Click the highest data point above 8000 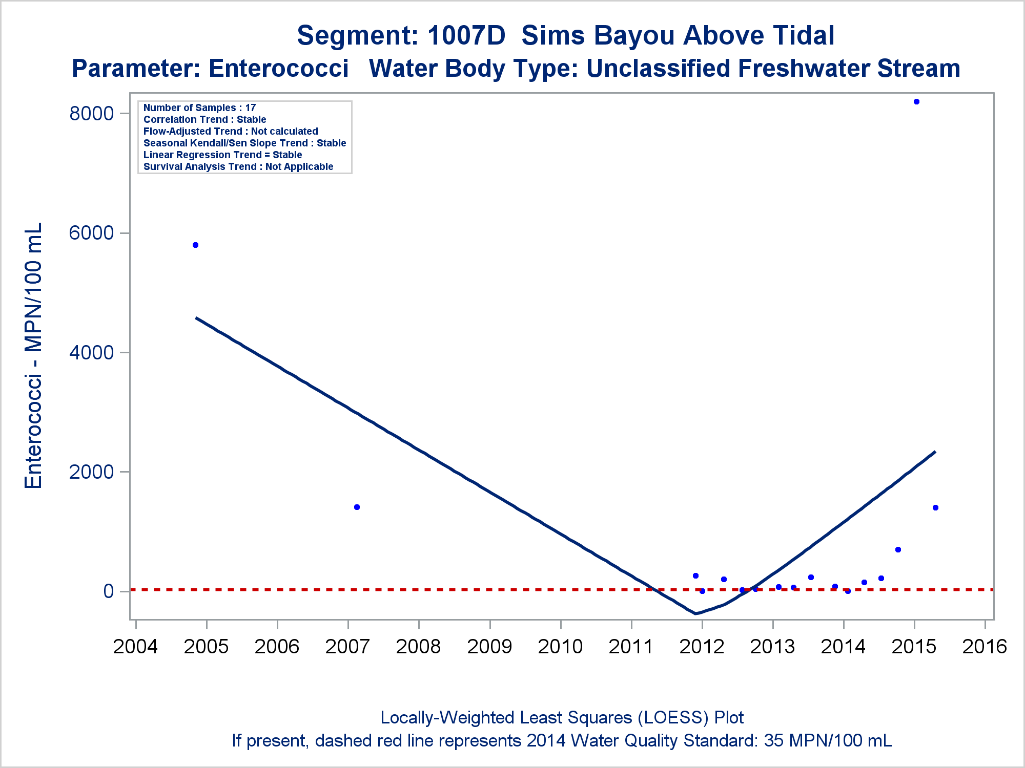916,102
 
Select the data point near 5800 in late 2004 195,245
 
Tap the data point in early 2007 357,507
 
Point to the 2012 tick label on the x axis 702,647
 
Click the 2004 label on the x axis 135,647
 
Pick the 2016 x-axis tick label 985,647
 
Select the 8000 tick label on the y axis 91,113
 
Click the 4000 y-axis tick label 91,352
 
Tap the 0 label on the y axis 108,591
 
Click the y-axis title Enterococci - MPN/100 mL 33,356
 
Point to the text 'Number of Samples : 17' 199,108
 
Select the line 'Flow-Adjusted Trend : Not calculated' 231,131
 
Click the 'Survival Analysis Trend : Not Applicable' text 238,166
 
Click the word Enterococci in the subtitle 279,69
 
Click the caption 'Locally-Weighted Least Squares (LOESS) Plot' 562,718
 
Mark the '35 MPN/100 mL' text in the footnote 828,741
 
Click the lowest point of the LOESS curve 695,613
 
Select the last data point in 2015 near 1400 935,508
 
